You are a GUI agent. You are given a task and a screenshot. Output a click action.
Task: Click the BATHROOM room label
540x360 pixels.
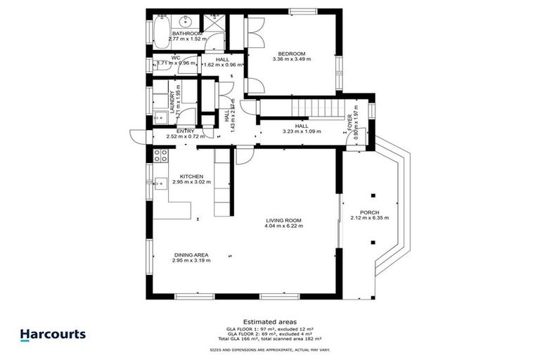tap(187, 33)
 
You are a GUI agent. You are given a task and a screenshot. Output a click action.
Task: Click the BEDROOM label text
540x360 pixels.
tap(290, 53)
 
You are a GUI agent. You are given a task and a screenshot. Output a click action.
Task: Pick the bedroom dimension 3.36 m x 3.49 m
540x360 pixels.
tap(291, 60)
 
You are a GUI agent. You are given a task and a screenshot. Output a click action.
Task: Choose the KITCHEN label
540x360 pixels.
tap(191, 176)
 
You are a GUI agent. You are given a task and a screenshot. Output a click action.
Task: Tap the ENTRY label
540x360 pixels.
tap(185, 131)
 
